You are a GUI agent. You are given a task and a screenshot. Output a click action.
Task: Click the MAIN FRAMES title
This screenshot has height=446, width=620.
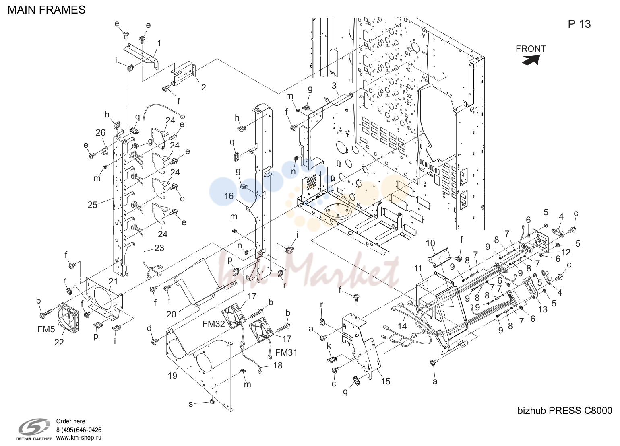(47, 10)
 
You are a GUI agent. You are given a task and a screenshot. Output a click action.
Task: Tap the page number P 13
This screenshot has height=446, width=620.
(579, 24)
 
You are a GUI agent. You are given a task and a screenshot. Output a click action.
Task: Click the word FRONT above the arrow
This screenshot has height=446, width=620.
(531, 49)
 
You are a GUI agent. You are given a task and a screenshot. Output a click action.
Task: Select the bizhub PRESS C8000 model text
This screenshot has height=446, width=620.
(564, 411)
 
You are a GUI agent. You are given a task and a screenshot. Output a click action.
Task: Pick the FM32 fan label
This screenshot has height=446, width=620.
(213, 324)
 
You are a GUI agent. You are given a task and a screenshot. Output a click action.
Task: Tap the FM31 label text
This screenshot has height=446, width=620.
(286, 352)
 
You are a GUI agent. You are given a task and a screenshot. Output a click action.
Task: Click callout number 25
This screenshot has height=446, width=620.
(93, 205)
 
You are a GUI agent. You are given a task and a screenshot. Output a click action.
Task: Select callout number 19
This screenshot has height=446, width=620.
(172, 376)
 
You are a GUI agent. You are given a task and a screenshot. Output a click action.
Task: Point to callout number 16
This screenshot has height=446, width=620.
(229, 196)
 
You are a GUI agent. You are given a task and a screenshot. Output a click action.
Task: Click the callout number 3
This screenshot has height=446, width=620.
(334, 86)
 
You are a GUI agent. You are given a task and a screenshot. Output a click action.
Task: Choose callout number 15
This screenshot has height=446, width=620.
(385, 381)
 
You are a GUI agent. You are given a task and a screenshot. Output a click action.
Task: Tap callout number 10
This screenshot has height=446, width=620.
(430, 243)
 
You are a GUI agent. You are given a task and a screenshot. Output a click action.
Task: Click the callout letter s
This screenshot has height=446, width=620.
(190, 404)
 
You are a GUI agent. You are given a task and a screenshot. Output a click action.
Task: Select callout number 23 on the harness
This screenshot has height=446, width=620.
(159, 248)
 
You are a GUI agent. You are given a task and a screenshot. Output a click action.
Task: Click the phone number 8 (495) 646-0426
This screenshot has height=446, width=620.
(79, 430)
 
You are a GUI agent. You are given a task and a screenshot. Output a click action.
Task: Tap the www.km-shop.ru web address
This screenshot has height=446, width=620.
(79, 438)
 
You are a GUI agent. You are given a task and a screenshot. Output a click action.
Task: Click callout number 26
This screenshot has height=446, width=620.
(101, 133)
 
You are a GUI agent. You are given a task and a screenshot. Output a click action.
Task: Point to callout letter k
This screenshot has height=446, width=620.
(329, 346)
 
